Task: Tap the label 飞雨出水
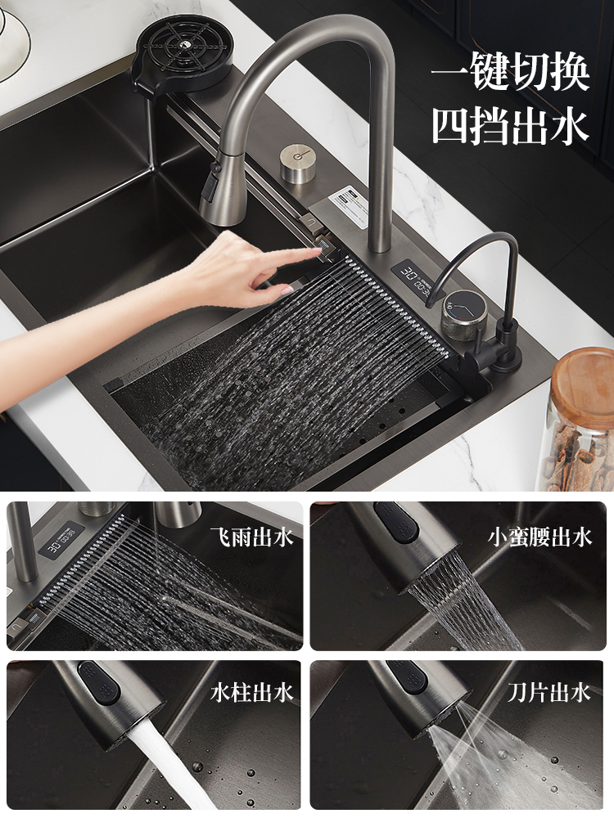point(251,537)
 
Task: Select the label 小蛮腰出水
point(540,537)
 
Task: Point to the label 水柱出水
point(251,693)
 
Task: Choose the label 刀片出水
point(549,693)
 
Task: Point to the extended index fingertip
point(318,251)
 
